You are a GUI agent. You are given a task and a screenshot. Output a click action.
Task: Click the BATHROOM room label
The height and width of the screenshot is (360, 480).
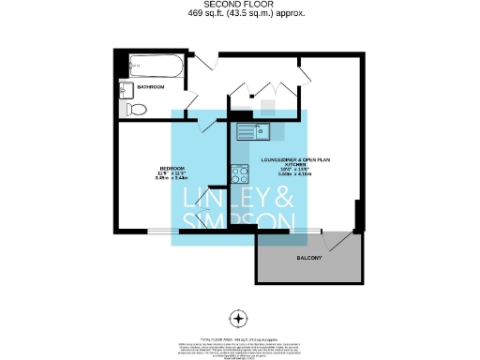pos(151,87)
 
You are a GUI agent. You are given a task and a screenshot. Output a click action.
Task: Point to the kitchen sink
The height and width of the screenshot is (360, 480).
pos(253,131)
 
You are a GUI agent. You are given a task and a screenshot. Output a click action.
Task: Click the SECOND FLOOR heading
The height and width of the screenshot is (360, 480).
pos(240,5)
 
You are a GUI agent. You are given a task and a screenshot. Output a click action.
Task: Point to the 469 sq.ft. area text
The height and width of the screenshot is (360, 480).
pos(240,13)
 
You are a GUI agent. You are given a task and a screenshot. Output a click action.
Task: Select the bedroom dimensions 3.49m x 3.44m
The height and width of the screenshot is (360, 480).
pos(172,177)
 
